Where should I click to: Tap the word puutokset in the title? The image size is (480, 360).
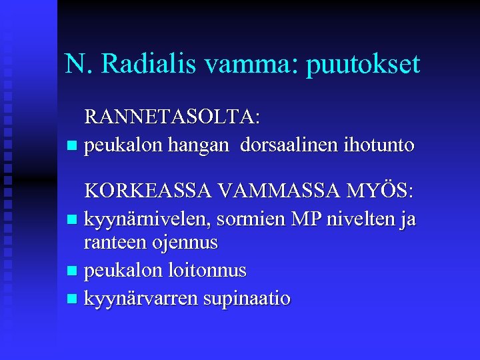(363, 65)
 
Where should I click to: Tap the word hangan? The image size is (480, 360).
(197, 145)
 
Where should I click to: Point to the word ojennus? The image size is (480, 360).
(186, 243)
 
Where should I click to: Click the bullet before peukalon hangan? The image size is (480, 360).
(72, 145)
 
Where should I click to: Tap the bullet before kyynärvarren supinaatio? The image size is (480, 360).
(72, 298)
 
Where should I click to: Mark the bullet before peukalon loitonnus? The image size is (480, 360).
(72, 271)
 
